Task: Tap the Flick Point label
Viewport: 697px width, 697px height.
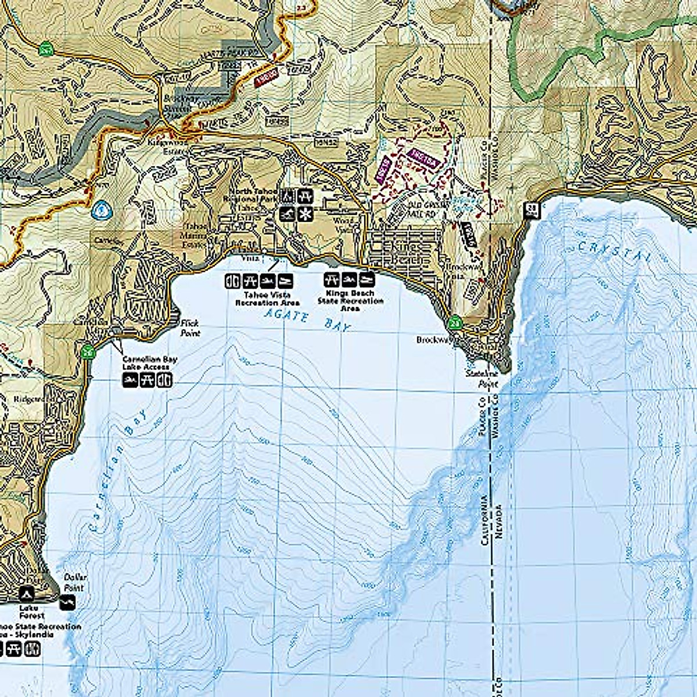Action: coord(189,328)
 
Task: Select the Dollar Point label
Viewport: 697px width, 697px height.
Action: coord(74,582)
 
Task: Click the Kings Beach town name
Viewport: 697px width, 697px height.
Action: coord(401,253)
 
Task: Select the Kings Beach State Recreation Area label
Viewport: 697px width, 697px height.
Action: coord(350,301)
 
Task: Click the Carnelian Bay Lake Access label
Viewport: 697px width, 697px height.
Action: coord(149,363)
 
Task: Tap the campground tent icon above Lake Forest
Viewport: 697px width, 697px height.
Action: coord(26,594)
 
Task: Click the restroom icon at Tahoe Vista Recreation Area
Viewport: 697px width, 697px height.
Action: coord(232,281)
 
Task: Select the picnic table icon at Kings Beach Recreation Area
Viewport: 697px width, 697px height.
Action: coord(332,279)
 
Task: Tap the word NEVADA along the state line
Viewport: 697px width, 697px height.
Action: coord(498,520)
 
